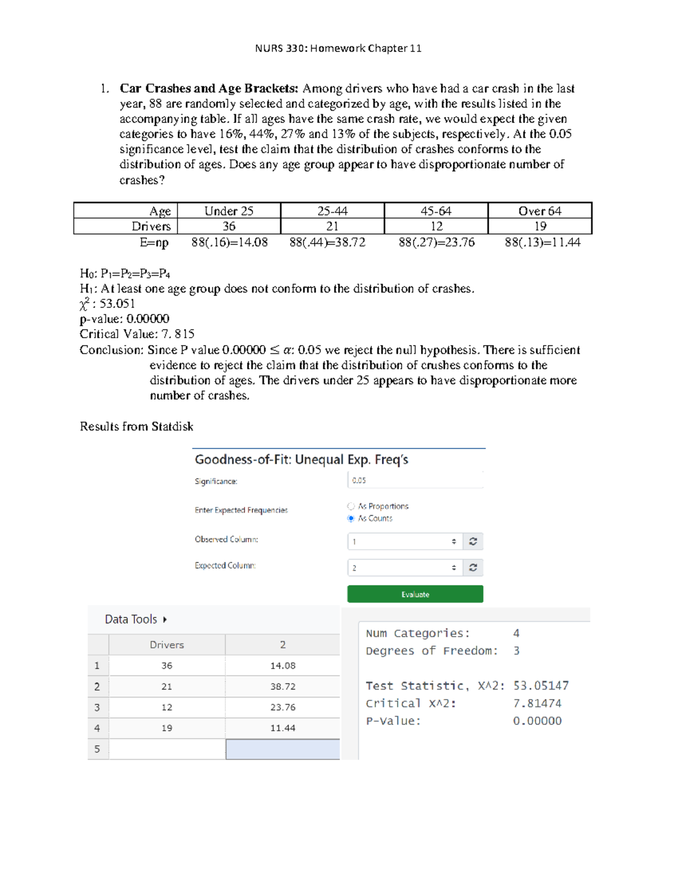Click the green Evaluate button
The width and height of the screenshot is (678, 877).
[415, 594]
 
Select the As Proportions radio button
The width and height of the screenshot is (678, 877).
[351, 506]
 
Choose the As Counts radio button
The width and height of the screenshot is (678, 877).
[351, 518]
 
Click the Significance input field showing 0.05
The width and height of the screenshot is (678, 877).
[415, 480]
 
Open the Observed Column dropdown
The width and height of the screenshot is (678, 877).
[405, 542]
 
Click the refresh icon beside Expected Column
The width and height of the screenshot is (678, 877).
[473, 568]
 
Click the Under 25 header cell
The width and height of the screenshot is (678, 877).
[229, 211]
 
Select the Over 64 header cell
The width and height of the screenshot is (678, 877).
[540, 211]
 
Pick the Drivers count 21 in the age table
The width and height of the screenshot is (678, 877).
[332, 226]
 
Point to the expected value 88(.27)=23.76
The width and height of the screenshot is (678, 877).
[436, 242]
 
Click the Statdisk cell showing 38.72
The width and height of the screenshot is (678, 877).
[282, 687]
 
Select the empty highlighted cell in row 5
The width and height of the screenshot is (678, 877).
[282, 749]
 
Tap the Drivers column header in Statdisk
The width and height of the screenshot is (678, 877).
[167, 645]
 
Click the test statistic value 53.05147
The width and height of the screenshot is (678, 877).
[541, 686]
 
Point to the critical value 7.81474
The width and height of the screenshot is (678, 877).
[537, 703]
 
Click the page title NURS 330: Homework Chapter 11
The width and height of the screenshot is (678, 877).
[338, 48]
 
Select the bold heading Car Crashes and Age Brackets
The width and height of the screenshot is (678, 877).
[208, 89]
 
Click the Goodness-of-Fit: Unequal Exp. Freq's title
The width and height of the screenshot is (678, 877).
[301, 460]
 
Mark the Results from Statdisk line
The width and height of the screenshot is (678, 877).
[136, 426]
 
